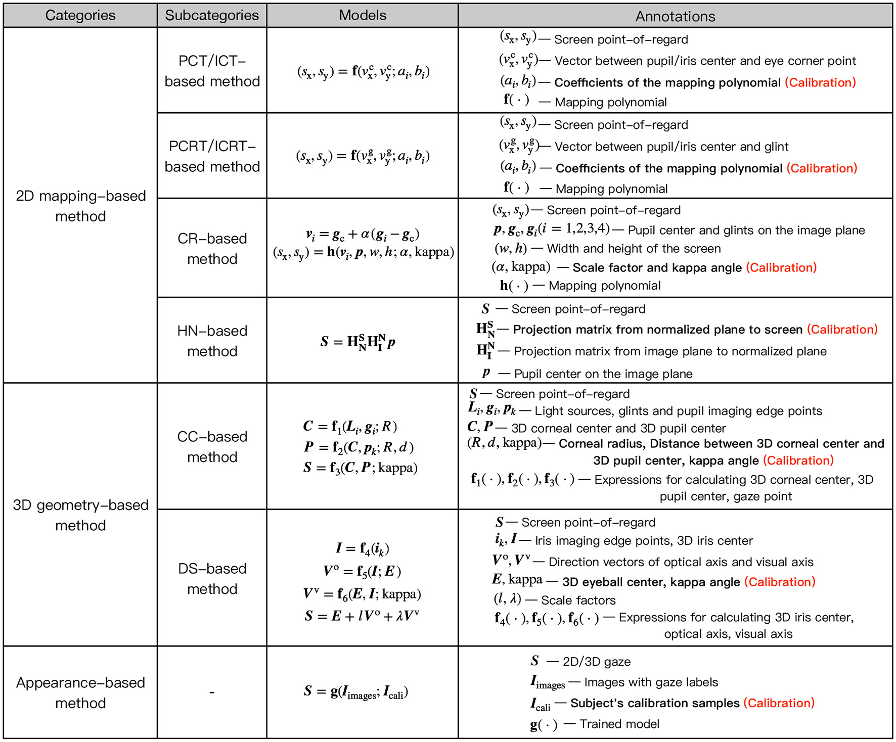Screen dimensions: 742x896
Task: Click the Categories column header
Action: click(x=80, y=15)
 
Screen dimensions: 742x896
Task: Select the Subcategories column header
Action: click(x=212, y=15)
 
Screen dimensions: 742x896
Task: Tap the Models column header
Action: click(x=363, y=15)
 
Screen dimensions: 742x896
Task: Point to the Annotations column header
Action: click(x=675, y=16)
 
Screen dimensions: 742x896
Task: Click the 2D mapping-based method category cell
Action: click(x=80, y=206)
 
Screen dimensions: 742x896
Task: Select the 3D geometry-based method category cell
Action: click(x=80, y=515)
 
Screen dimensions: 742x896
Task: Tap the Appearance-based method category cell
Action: click(x=80, y=692)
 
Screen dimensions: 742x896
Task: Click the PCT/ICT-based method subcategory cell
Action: click(x=212, y=71)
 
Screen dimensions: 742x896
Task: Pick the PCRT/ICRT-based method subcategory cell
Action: click(x=212, y=156)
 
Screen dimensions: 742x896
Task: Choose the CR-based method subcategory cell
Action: click(x=212, y=248)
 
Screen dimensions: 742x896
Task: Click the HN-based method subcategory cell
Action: click(x=212, y=341)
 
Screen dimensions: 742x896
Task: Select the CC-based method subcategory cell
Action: click(x=212, y=446)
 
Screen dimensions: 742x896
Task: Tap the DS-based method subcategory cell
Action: click(x=212, y=578)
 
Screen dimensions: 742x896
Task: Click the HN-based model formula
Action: click(x=357, y=342)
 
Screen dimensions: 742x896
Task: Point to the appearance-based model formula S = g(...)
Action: click(x=356, y=691)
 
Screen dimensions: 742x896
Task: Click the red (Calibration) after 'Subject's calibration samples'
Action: click(x=779, y=703)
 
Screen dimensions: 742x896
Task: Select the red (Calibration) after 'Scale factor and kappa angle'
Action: click(x=781, y=267)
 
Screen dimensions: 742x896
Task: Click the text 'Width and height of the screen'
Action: click(x=634, y=249)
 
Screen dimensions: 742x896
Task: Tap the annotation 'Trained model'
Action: click(x=619, y=724)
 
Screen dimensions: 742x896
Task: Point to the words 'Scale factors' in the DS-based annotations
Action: click(x=578, y=600)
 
